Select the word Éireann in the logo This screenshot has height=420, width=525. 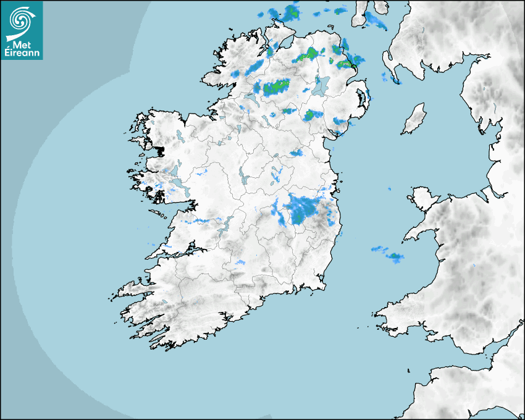(22, 54)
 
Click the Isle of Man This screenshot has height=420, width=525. (414, 119)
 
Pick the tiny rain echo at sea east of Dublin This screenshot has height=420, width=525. (389, 189)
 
